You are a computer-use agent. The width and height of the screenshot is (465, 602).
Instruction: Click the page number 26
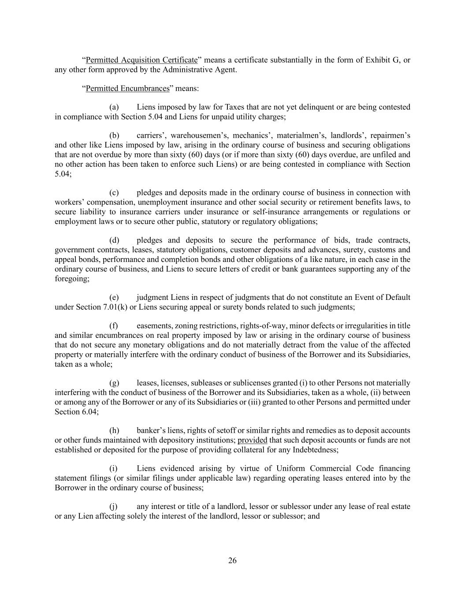point(232,561)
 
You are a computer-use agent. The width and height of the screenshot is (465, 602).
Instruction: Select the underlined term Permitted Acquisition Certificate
point(141,60)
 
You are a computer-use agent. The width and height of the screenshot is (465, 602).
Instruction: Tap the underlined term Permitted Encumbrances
point(127,88)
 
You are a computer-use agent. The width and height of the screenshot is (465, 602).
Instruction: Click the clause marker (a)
point(114,107)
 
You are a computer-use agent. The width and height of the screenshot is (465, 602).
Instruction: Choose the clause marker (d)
point(114,240)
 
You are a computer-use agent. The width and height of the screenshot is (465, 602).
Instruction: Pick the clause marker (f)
point(114,326)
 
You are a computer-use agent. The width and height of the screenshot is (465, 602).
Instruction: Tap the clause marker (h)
point(114,430)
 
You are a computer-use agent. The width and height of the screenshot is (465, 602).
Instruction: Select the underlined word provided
point(252,440)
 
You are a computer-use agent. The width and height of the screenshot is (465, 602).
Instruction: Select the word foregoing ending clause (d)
point(71,279)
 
